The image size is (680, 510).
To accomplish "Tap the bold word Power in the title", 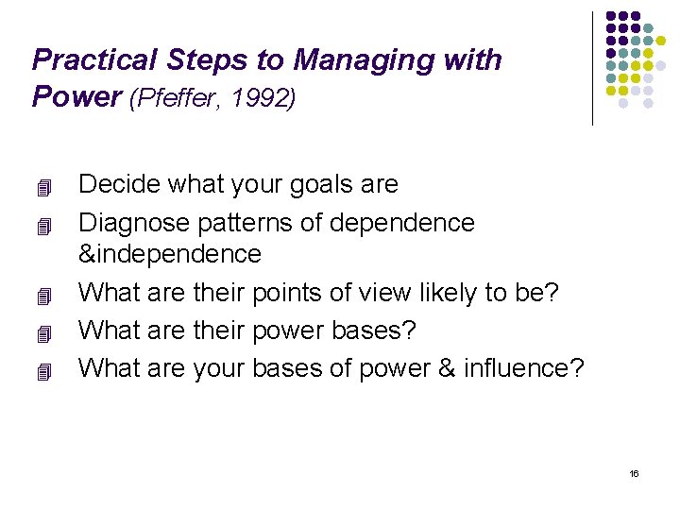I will point(73,96).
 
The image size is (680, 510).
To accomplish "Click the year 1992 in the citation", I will point(263,97).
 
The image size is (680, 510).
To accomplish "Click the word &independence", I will point(170,254).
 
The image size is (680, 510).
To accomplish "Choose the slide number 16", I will point(634,473).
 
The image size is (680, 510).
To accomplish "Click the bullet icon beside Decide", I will point(40,186).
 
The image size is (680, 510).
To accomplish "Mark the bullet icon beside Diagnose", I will point(40,225).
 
